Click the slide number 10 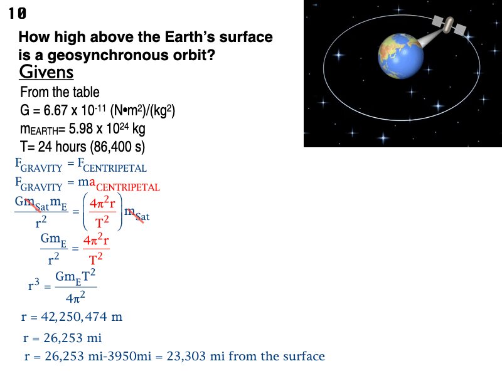tap(18, 14)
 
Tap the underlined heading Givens tap(46, 73)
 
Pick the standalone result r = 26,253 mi tap(62, 339)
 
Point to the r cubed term tap(34, 286)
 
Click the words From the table tap(60, 92)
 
